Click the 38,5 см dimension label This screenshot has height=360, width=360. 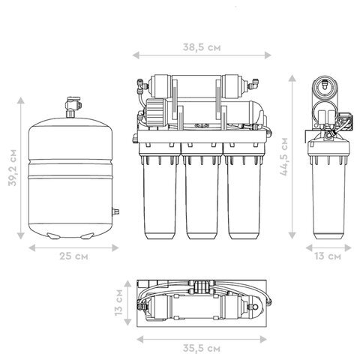coord(202,47)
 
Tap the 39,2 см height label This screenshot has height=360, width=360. coord(12,167)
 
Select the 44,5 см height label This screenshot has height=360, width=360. coord(284,157)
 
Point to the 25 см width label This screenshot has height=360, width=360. coord(73,256)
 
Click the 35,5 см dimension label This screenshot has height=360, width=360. coord(202,348)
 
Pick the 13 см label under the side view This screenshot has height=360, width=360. coord(328,256)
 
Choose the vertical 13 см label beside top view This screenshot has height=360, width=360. coord(118,302)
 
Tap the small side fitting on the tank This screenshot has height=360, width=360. coord(115,211)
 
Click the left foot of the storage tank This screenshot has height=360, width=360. coord(54,235)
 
